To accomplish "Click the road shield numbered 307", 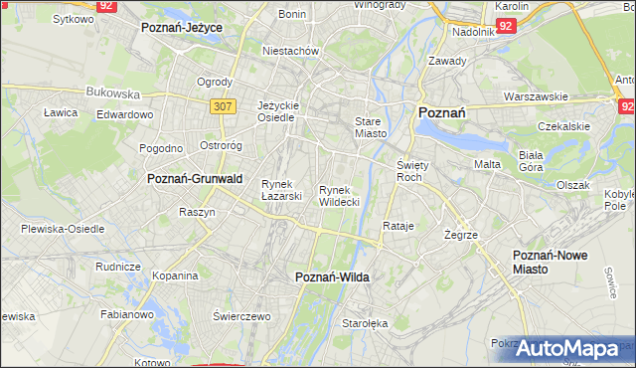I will [222, 104].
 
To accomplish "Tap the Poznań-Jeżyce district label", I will [182, 28].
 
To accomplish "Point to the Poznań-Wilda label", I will [333, 277].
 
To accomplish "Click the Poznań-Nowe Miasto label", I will [550, 262].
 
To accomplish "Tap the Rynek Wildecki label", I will [339, 195].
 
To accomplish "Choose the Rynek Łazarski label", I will [281, 189].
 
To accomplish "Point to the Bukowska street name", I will [112, 92].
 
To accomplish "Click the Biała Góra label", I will [531, 161].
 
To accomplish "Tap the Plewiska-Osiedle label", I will [63, 229].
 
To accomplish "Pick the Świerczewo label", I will [241, 315].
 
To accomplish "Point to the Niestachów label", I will [289, 51].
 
